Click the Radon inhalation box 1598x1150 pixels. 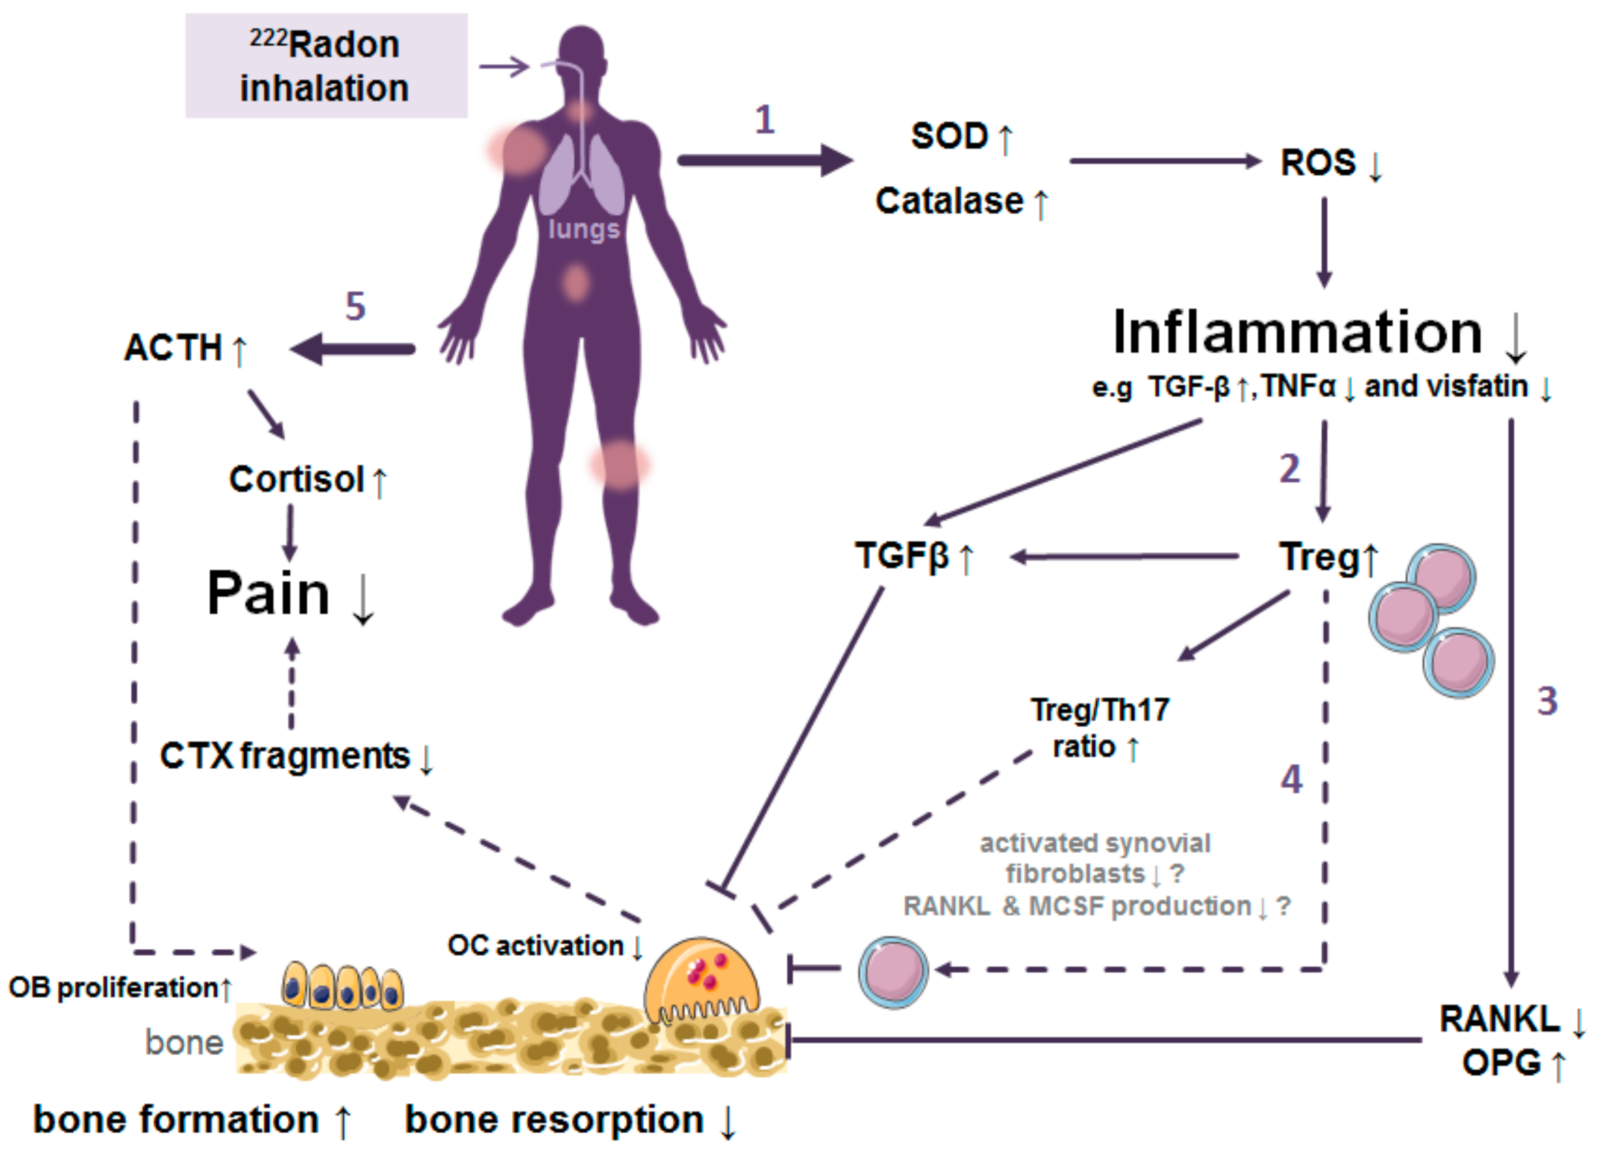(x=326, y=65)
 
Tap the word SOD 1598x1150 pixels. (x=949, y=135)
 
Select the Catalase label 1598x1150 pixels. (x=949, y=201)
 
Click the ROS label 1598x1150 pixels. (x=1318, y=163)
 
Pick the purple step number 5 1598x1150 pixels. (x=355, y=307)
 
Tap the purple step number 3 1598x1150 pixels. (x=1547, y=701)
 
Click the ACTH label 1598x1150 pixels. (x=173, y=348)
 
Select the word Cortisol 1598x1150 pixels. (x=296, y=480)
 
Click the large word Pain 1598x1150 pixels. (x=268, y=593)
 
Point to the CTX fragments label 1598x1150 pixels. (x=285, y=756)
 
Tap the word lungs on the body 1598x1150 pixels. (x=584, y=229)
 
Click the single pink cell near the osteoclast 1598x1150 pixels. (x=893, y=972)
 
